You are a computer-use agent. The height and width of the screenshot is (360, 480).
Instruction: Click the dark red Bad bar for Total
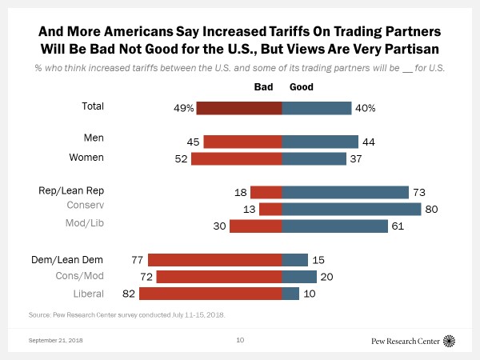coord(239,108)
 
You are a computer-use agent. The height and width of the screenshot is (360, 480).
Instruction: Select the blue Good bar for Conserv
coord(351,209)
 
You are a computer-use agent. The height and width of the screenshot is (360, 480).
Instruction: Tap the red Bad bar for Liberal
coord(210,294)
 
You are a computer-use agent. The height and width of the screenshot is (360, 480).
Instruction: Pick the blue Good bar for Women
coord(314,158)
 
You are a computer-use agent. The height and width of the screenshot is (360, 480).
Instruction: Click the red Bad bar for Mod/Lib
coord(255,226)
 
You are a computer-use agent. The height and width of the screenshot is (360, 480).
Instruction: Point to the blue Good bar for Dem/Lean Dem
coord(294,259)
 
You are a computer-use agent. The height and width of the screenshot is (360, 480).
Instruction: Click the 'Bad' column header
coord(264,86)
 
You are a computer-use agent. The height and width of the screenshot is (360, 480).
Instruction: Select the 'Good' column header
coord(302,86)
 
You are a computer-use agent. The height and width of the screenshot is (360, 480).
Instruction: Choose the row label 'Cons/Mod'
coord(105,277)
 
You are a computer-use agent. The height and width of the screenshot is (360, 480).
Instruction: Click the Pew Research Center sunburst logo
coord(449,341)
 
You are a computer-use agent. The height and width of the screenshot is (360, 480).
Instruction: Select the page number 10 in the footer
coord(240,341)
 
